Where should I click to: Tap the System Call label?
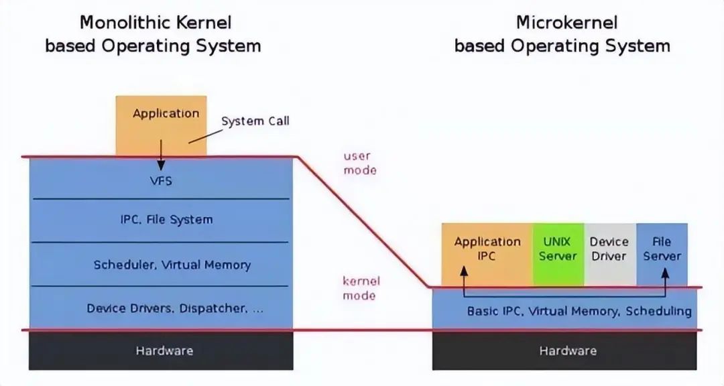(x=255, y=121)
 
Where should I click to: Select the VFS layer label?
(x=161, y=181)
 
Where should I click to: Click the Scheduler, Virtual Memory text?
(x=172, y=265)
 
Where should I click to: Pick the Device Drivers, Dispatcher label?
(x=175, y=308)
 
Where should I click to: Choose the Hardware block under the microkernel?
(x=567, y=350)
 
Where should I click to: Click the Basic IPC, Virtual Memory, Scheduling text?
(x=579, y=311)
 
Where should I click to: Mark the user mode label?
(x=360, y=163)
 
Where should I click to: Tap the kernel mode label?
(x=360, y=288)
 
